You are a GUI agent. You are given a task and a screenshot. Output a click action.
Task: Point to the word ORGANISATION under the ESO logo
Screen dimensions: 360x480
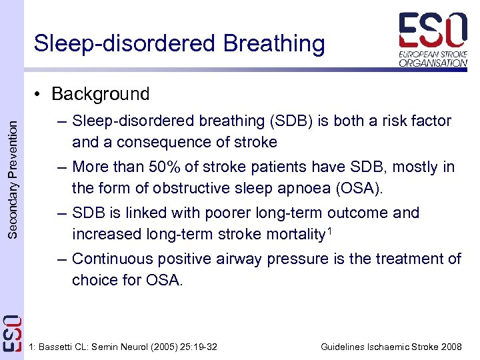(x=433, y=63)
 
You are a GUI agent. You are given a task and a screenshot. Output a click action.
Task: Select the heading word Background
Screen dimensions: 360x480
(x=100, y=94)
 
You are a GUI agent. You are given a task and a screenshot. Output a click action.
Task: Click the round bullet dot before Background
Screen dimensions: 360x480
(x=41, y=95)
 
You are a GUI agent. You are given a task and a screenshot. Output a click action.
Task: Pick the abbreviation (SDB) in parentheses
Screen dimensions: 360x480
(x=292, y=121)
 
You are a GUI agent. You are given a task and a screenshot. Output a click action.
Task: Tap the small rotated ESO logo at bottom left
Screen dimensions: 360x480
(x=12, y=333)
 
